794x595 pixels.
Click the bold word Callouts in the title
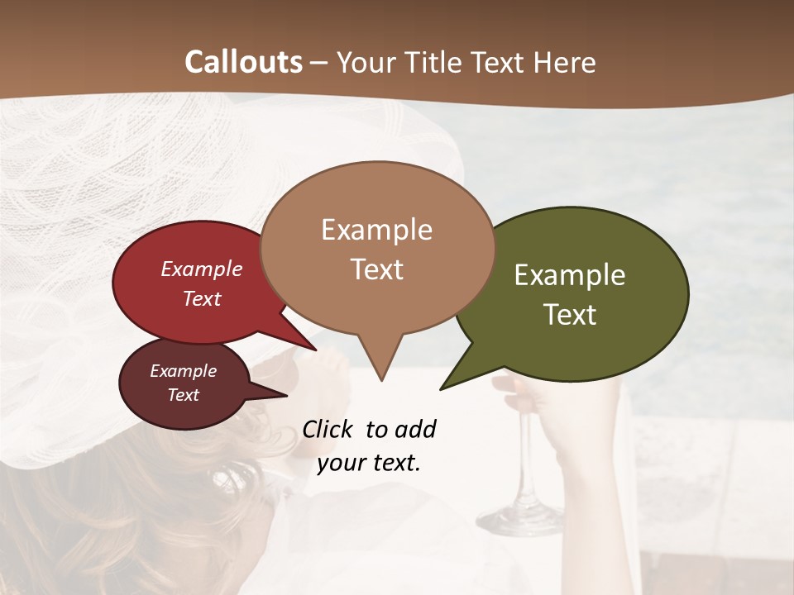[243, 62]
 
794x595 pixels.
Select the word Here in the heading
[566, 62]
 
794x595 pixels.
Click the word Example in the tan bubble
[376, 230]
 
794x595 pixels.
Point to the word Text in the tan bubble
[376, 269]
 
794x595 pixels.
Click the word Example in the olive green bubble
[570, 275]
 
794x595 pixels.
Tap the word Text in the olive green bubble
[570, 315]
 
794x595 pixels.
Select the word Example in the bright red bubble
[201, 269]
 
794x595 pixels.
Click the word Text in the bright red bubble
[201, 298]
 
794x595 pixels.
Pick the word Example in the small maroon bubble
[183, 371]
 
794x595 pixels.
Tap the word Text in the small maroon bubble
[183, 395]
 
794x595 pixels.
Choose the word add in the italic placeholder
[414, 430]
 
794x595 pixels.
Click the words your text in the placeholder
[369, 463]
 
